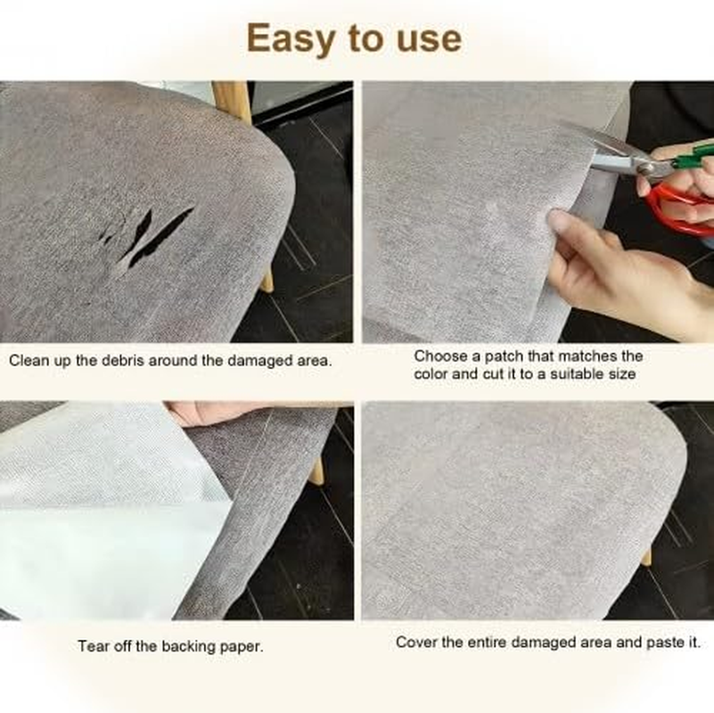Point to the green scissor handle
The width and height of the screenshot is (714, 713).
pyautogui.click(x=692, y=153)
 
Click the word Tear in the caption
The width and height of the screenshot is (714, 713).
pyautogui.click(x=93, y=646)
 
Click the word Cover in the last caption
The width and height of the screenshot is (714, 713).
pyautogui.click(x=415, y=642)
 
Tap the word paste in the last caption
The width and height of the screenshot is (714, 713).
pyautogui.click(x=667, y=642)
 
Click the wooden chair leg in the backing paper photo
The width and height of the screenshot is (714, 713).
pyautogui.click(x=316, y=470)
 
